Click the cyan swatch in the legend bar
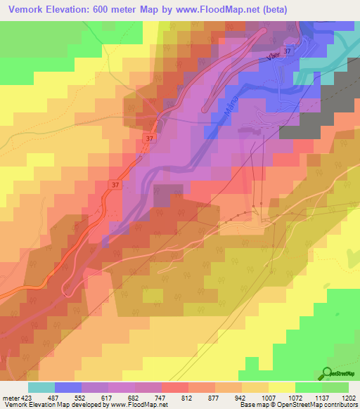click(x=41, y=387)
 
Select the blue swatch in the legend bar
click(x=68, y=387)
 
